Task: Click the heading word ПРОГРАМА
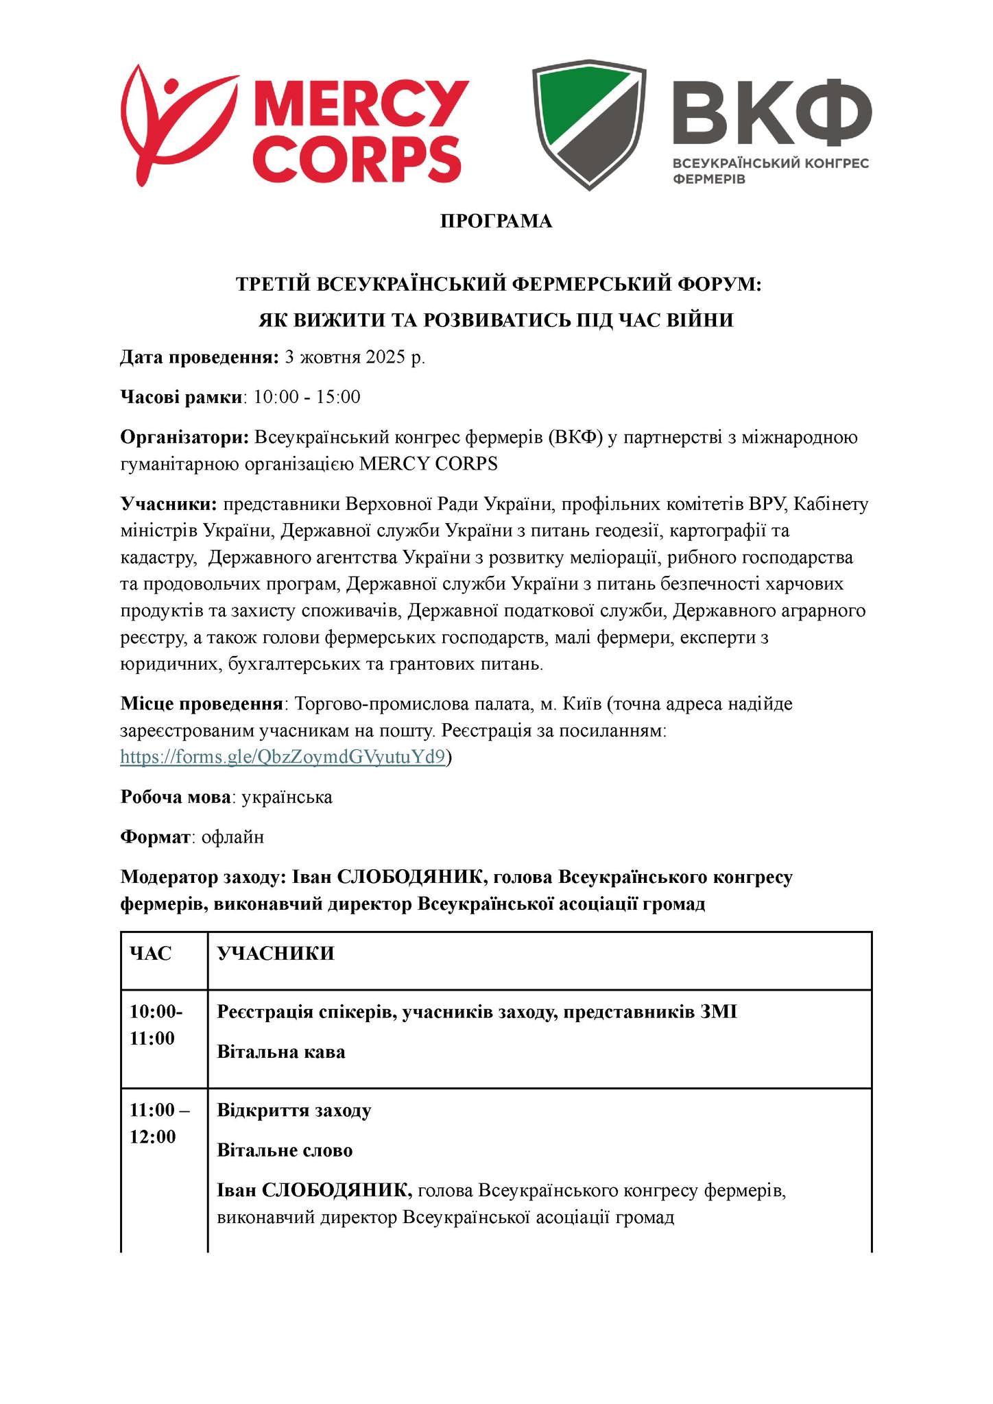(x=496, y=221)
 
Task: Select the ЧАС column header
(x=151, y=954)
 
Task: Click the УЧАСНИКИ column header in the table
(x=276, y=954)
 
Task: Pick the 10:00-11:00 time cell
(x=156, y=1025)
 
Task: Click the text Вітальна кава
(x=281, y=1052)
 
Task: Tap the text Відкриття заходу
(x=294, y=1110)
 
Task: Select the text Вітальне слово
(x=285, y=1150)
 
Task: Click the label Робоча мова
(x=176, y=797)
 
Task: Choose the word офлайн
(x=232, y=837)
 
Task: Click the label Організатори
(x=184, y=437)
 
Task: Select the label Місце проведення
(x=202, y=704)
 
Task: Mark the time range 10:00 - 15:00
(x=307, y=397)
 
